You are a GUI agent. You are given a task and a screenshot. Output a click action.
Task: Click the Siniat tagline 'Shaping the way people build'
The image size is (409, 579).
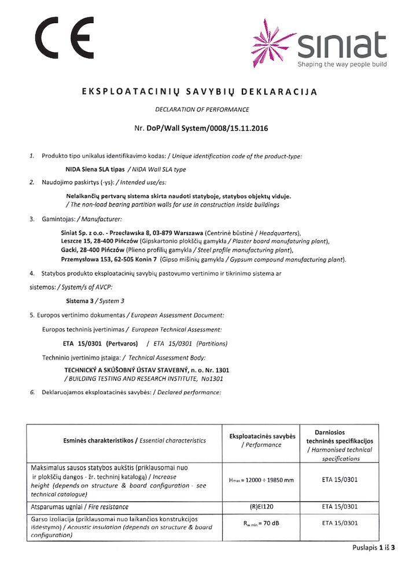click(342, 64)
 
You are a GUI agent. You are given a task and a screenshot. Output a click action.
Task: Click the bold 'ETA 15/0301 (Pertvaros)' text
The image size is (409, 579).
click(98, 343)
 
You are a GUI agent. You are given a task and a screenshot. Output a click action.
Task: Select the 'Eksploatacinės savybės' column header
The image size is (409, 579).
click(262, 436)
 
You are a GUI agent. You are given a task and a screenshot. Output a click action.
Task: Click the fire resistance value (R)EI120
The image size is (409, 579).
click(261, 507)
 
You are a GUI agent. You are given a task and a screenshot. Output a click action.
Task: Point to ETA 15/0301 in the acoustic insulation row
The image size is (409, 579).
click(339, 523)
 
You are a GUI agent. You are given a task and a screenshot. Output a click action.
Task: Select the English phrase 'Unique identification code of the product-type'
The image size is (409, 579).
click(239, 156)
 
